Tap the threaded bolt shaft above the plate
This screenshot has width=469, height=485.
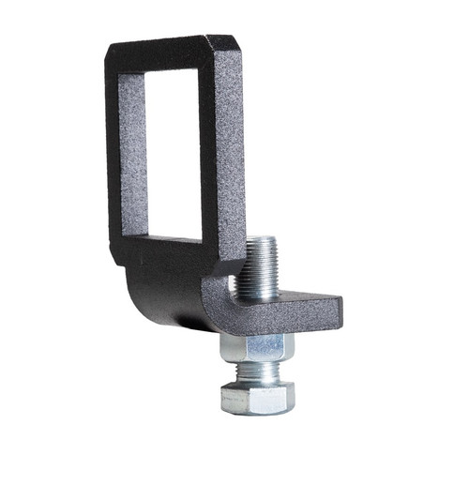pos(260,267)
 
